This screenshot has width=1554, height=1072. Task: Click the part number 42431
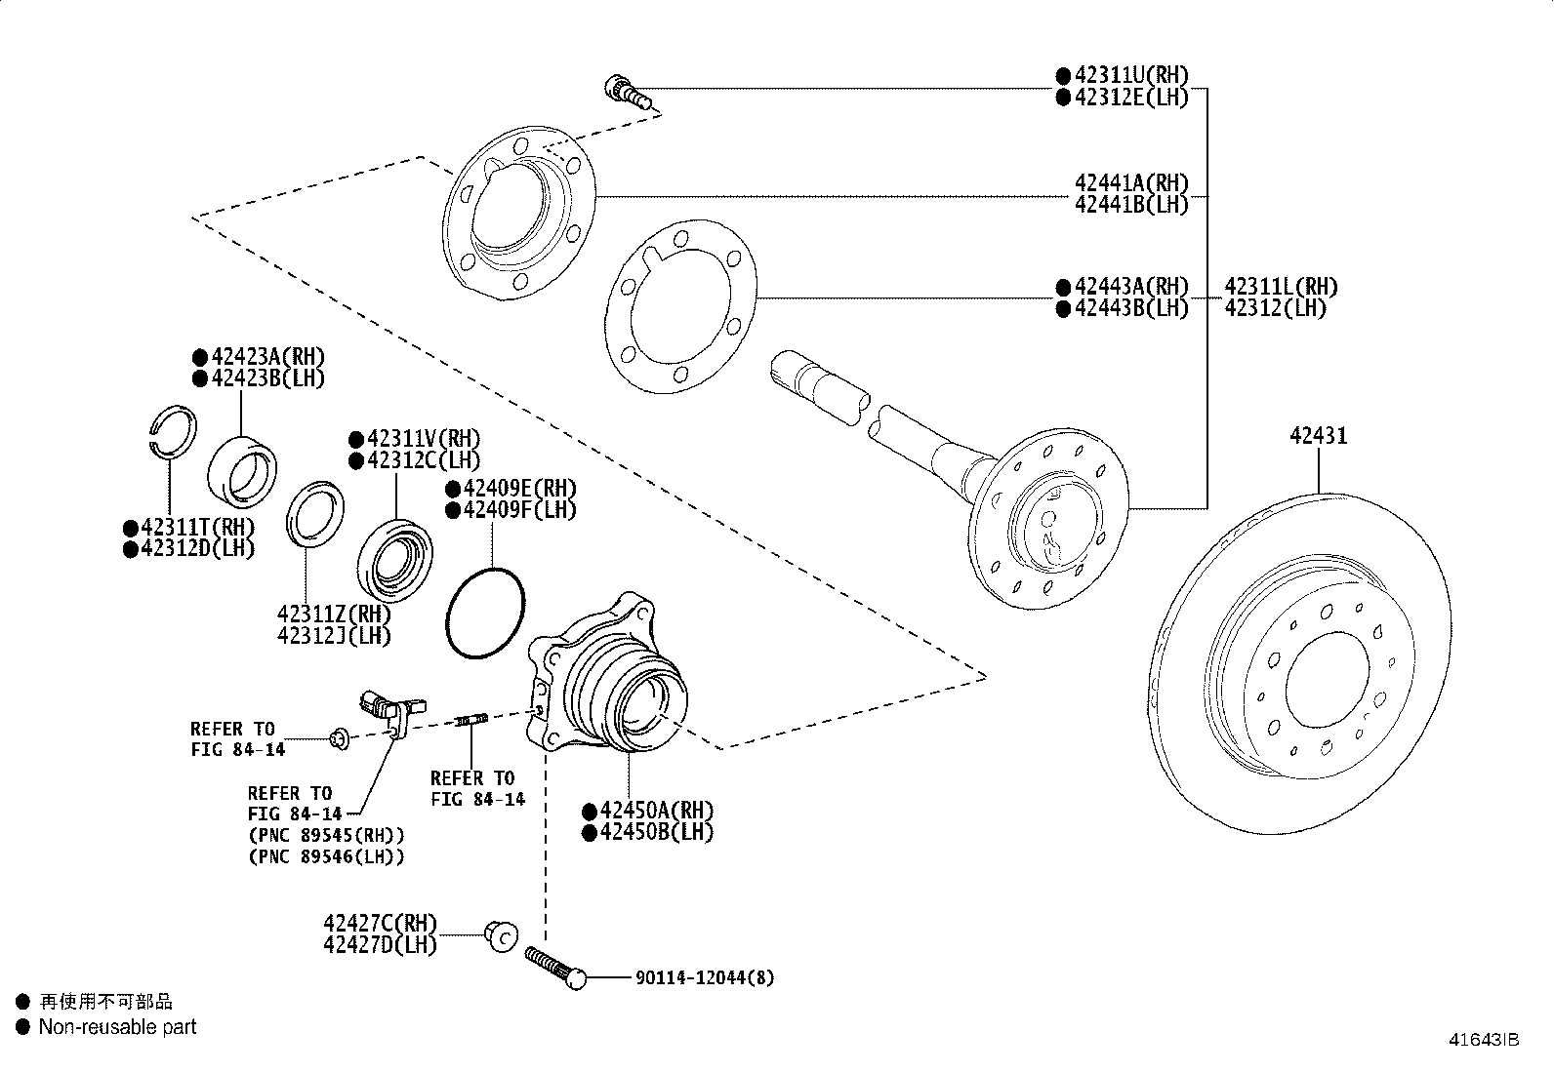pos(1318,436)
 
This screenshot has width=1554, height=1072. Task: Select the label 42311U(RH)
pos(1131,75)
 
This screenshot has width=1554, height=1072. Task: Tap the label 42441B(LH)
pos(1131,204)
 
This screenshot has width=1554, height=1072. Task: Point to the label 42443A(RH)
pos(1131,287)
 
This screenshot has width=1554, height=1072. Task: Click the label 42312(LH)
pos(1275,308)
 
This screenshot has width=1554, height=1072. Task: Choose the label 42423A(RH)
pos(267,357)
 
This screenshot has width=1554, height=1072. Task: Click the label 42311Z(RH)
pos(334,615)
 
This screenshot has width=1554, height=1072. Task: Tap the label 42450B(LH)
pos(657,832)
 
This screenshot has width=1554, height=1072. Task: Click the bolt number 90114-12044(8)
pos(705,977)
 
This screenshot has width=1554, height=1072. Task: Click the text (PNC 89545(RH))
pos(326,836)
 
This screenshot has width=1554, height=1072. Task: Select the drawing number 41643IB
pos(1484,1040)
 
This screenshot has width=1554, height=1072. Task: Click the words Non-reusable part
pos(117,1027)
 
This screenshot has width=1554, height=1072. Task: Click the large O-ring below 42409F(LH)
pos(485,614)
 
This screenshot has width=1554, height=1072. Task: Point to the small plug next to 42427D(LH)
pos(501,936)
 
